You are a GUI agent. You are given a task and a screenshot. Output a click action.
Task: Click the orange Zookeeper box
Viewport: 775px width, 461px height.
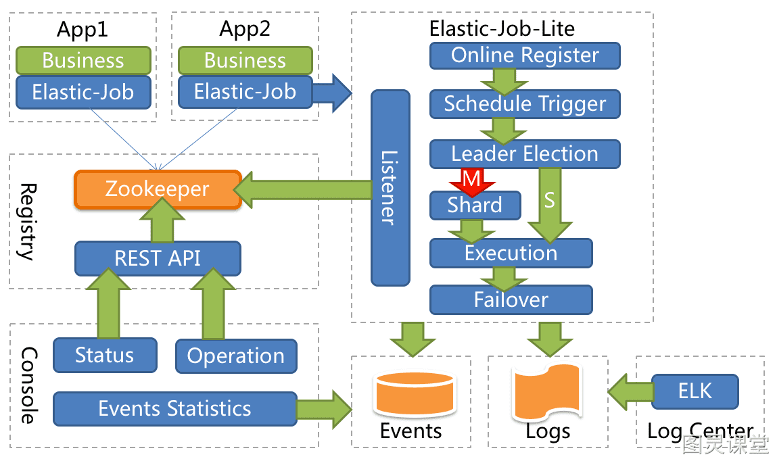[x=158, y=189]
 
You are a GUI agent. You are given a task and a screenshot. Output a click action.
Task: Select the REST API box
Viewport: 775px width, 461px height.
[x=158, y=258]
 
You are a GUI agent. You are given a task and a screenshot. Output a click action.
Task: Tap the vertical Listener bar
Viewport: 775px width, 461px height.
[x=390, y=188]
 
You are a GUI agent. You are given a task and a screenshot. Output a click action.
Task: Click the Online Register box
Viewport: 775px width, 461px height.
[x=525, y=55]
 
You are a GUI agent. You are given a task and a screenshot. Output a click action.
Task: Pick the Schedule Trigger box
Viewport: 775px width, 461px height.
[x=525, y=104]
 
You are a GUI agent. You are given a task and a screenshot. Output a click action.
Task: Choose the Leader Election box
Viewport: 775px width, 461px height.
[x=525, y=154]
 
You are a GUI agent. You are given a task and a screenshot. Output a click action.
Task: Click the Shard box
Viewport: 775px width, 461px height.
[x=475, y=205]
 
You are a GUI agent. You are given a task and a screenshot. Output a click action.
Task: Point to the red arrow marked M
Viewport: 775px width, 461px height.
[x=471, y=182]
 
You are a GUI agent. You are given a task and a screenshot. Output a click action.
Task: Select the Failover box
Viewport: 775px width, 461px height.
[x=511, y=300]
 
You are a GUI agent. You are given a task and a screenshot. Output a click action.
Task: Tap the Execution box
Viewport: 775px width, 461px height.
[x=511, y=253]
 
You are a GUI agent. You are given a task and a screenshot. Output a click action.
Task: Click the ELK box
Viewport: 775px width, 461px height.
[x=695, y=391]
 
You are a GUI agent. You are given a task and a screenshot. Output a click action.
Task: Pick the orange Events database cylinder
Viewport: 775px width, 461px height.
[x=415, y=394]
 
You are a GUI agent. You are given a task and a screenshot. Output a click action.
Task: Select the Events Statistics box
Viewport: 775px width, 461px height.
[x=175, y=409]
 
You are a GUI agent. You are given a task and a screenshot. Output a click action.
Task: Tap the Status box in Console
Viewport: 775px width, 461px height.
[x=105, y=356]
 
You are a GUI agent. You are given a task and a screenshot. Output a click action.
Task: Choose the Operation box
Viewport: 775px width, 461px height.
[x=236, y=356]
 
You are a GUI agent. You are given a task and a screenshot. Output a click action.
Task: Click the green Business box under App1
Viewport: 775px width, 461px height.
[x=83, y=61]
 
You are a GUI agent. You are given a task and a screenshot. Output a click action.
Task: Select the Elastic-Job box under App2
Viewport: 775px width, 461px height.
[x=245, y=91]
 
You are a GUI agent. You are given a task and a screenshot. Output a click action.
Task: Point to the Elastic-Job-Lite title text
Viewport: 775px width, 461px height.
[x=502, y=28]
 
